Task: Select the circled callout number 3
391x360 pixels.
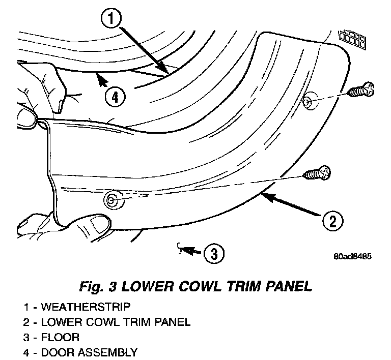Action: tap(214, 252)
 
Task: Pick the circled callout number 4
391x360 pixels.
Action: tap(115, 96)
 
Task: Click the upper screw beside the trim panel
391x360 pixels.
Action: tap(362, 91)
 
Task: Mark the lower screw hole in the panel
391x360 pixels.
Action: tap(110, 199)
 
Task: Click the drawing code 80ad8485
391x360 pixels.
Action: tap(353, 256)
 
